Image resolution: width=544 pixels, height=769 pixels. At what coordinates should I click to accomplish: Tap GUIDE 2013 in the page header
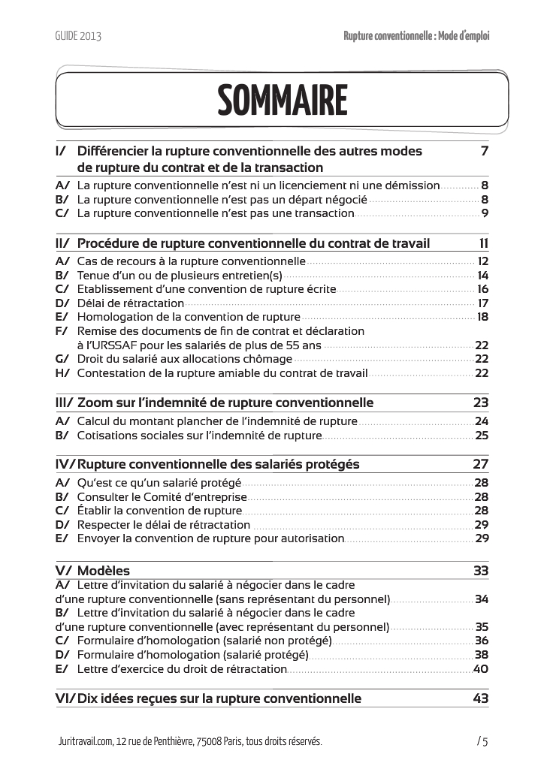(x=78, y=35)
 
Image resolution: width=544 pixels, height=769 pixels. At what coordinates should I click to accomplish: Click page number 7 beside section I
(x=485, y=151)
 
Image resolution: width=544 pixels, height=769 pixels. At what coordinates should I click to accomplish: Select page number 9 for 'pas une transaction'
(x=485, y=213)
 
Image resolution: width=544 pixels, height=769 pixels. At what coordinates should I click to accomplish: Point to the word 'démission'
(x=412, y=185)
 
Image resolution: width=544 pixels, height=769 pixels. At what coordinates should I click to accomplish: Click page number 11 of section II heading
(x=484, y=243)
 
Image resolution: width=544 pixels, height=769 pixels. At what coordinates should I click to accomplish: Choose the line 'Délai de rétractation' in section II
(x=131, y=303)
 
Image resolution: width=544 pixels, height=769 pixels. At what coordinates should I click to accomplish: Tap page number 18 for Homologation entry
(x=482, y=317)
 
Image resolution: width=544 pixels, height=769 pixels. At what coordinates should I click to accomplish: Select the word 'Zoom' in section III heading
(x=95, y=402)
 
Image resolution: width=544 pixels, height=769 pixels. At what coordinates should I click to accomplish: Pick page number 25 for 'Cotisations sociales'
(x=482, y=435)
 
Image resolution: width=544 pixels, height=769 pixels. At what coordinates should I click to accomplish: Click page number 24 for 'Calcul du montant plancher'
(x=482, y=421)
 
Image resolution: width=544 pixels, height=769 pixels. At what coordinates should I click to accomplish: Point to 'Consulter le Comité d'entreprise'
(x=162, y=497)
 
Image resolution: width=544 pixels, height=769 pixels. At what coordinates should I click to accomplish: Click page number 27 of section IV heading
(x=481, y=464)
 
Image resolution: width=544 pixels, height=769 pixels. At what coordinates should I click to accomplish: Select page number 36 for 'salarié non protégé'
(x=482, y=641)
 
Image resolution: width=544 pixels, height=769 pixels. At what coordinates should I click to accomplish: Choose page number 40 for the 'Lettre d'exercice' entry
(x=482, y=669)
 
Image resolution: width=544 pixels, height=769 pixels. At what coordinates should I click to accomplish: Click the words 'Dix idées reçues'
(x=127, y=698)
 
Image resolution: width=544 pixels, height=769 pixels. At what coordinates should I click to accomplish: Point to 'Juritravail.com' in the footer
(x=85, y=742)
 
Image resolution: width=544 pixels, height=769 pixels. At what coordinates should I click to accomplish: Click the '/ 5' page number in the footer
(x=482, y=742)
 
